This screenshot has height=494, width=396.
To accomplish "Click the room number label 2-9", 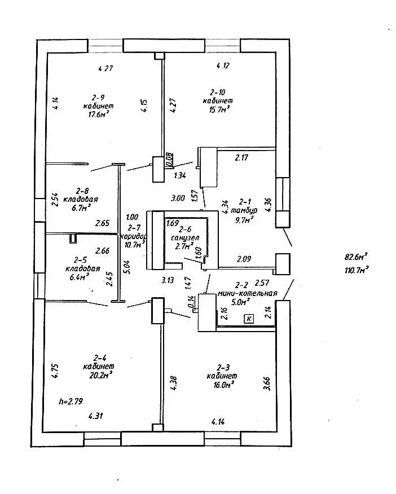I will click(98, 97).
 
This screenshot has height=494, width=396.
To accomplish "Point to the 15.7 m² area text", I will click(218, 109).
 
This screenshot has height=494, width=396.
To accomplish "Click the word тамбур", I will click(248, 210).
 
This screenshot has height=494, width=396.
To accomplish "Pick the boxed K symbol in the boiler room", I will click(249, 319).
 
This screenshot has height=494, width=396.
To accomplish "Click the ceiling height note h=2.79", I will click(71, 402).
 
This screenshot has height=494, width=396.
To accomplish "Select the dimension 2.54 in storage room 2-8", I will click(55, 200).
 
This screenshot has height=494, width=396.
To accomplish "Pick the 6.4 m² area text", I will click(82, 277).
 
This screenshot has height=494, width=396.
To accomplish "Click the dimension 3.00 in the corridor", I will click(178, 198).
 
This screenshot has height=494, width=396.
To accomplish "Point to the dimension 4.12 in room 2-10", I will click(223, 66).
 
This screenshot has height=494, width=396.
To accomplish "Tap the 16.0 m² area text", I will click(221, 384).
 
